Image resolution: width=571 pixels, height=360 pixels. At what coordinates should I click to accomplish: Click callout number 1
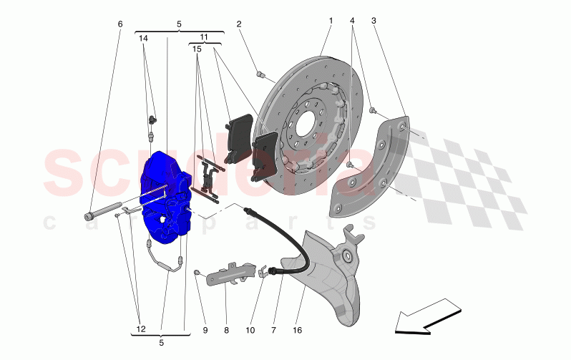click(331, 21)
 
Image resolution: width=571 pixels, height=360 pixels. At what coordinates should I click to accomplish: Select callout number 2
click(239, 24)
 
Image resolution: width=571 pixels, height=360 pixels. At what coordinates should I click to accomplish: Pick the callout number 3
click(374, 21)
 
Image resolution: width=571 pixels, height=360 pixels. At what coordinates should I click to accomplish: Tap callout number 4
click(352, 21)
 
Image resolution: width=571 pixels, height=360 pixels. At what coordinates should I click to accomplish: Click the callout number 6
click(119, 24)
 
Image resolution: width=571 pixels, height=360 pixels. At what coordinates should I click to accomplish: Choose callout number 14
click(144, 38)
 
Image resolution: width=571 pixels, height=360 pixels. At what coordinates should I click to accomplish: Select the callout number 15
click(195, 49)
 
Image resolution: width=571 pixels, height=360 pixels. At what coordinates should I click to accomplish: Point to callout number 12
click(140, 329)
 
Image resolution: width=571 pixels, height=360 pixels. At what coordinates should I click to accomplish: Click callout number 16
click(298, 331)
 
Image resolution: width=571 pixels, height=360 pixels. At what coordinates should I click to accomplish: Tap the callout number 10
click(250, 331)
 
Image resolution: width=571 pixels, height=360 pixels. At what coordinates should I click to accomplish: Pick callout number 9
click(205, 331)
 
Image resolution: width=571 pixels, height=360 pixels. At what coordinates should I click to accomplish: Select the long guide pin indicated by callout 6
click(104, 213)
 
